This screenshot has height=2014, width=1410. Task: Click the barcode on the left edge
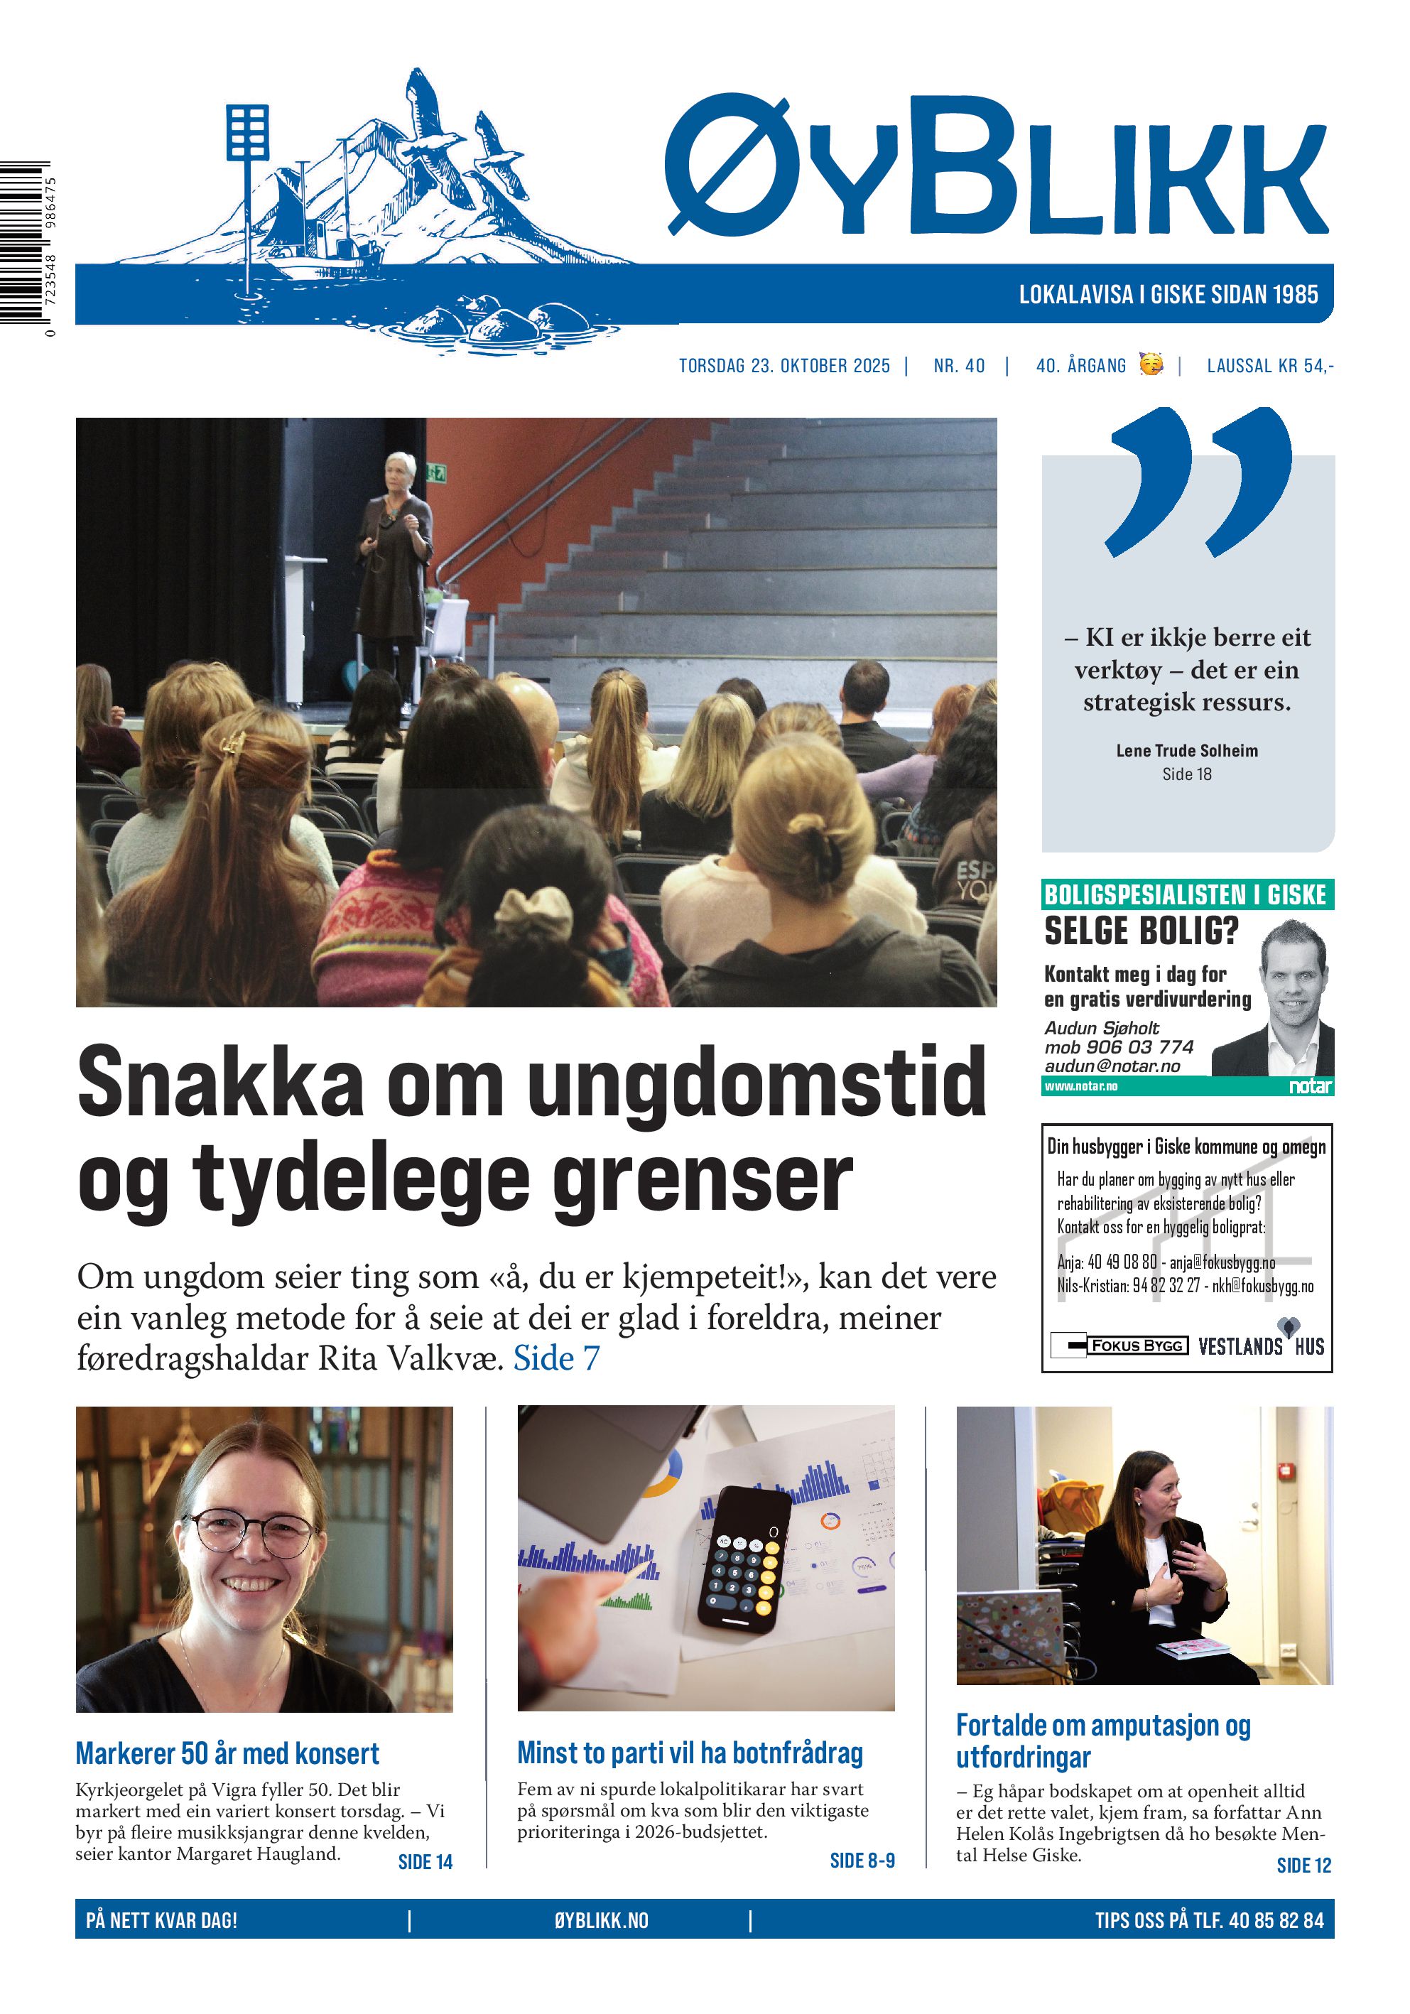point(25,243)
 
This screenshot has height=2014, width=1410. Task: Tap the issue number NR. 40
point(958,366)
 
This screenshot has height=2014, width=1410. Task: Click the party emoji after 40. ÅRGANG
point(1151,364)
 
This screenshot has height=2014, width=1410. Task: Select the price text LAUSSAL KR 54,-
point(1269,366)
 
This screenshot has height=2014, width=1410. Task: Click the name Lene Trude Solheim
point(1186,751)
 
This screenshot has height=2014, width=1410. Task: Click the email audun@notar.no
point(1112,1066)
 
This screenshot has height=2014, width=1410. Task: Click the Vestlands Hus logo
point(1260,1345)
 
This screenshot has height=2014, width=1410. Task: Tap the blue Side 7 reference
point(556,1358)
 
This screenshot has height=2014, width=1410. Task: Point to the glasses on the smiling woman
point(251,1532)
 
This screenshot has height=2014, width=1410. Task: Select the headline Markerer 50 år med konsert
point(227,1753)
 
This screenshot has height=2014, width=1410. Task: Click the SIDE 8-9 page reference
point(861,1861)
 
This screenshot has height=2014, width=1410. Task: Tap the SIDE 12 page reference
point(1303,1865)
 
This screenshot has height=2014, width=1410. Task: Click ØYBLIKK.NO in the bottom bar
point(601,1921)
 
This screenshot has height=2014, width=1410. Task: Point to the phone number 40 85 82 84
point(1276,1921)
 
